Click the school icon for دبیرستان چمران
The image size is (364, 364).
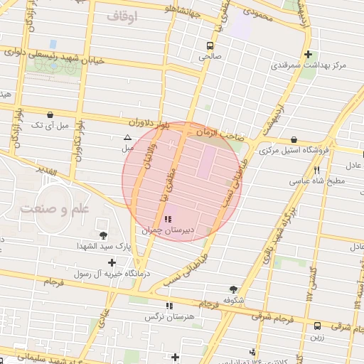[x=168, y=219]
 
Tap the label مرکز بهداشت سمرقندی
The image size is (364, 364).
[x=308, y=65]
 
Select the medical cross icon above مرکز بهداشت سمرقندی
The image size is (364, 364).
[x=308, y=54]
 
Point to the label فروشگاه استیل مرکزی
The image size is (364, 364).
[x=294, y=151]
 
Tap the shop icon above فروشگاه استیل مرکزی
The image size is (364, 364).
[x=294, y=139]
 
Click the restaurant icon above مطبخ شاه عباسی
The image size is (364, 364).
[x=316, y=171]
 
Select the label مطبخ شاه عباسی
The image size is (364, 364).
[x=316, y=181]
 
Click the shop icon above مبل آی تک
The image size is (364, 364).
[x=50, y=114]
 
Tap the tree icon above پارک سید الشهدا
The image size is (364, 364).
[x=104, y=235]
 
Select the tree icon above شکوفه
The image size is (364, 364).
[x=234, y=289]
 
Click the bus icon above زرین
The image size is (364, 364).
[x=317, y=326]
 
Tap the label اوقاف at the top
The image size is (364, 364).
[x=123, y=14]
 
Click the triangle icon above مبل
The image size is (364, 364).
[x=127, y=137]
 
